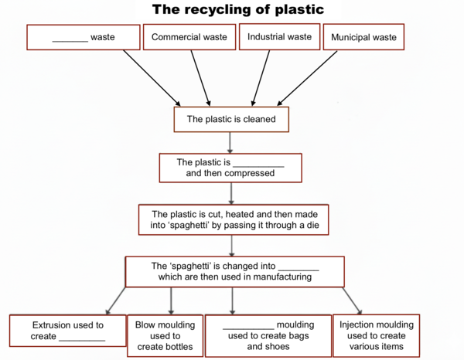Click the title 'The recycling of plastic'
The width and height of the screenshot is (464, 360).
[238, 9]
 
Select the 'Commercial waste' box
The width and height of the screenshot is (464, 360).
[189, 37]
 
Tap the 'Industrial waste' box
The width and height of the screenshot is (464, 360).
[280, 36]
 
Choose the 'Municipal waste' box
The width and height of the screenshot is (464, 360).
[363, 37]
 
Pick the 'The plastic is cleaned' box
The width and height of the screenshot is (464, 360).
[231, 119]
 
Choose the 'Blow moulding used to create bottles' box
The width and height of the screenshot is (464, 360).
[165, 336]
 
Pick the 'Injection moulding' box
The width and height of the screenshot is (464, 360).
[377, 335]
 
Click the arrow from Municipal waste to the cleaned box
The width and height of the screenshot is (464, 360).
[307, 78]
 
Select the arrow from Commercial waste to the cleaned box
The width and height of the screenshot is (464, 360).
[200, 78]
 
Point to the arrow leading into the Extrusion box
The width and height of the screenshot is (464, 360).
[116, 301]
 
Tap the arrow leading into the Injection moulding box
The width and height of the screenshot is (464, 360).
[352, 301]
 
